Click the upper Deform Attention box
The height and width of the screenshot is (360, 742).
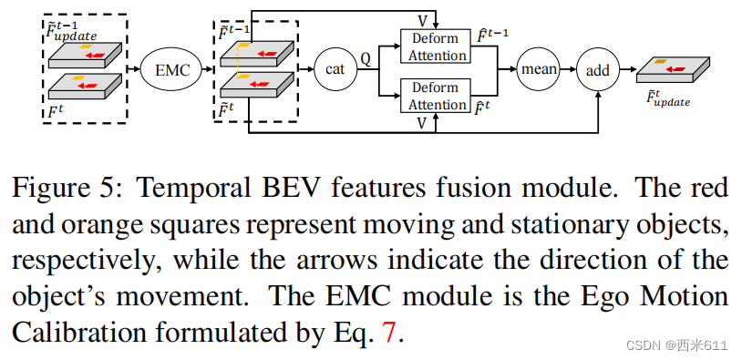[437, 46]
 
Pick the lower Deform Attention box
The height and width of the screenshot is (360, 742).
[437, 96]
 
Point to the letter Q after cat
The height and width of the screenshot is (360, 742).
[366, 57]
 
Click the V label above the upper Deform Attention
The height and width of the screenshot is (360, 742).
[421, 20]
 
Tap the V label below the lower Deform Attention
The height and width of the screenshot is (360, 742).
[420, 123]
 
